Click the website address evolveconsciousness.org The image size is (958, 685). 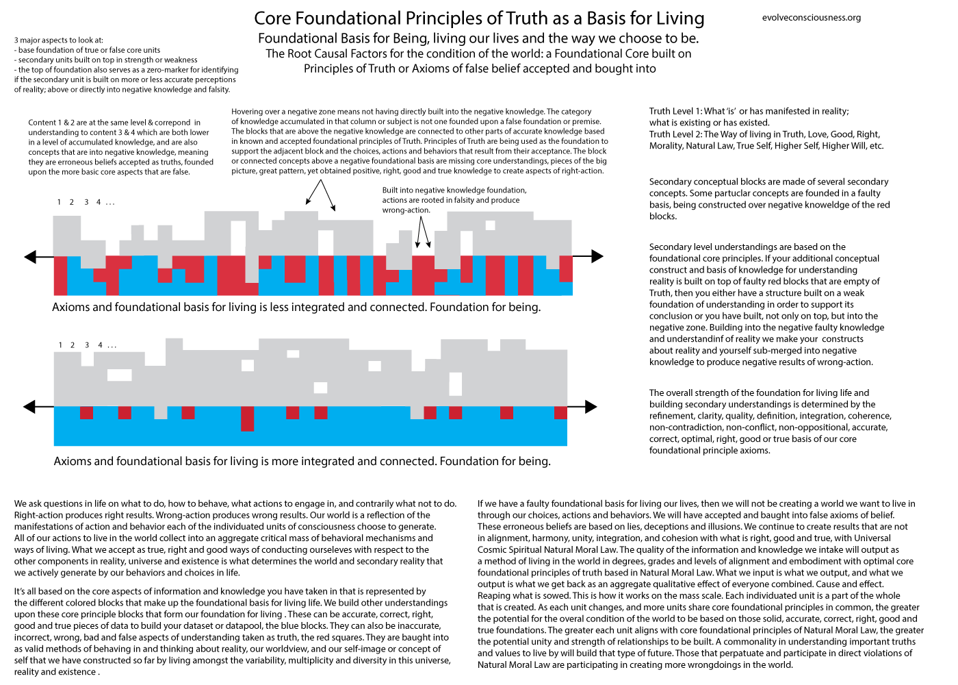[x=811, y=18]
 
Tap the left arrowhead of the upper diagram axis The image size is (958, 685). [x=29, y=257]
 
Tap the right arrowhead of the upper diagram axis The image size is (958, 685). [x=598, y=256]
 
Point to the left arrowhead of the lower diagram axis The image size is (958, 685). [x=29, y=407]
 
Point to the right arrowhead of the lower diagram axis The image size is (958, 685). [x=592, y=406]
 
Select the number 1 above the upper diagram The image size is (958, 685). [x=60, y=202]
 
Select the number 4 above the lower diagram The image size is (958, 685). [x=100, y=345]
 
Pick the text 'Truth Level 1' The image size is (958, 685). [x=675, y=112]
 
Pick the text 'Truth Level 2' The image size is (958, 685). [x=675, y=135]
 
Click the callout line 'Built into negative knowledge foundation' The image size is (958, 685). [x=454, y=190]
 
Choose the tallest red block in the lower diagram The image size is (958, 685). [x=247, y=419]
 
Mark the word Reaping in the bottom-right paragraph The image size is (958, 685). [x=495, y=596]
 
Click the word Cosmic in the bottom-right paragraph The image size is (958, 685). [x=493, y=550]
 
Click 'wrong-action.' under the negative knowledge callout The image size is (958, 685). [x=406, y=210]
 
